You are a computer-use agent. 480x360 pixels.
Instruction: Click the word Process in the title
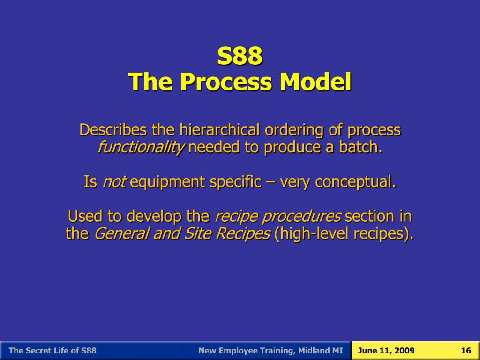click(227, 82)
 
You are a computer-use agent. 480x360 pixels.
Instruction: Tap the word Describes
click(113, 129)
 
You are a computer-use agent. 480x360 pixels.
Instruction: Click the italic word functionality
click(141, 147)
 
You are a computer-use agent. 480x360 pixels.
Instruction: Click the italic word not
click(113, 181)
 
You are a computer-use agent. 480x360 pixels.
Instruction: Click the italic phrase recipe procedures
click(278, 216)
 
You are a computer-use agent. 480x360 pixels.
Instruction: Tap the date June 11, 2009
click(386, 351)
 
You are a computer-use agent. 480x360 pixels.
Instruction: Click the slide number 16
click(465, 351)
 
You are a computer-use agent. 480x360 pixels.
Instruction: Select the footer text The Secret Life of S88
click(52, 351)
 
